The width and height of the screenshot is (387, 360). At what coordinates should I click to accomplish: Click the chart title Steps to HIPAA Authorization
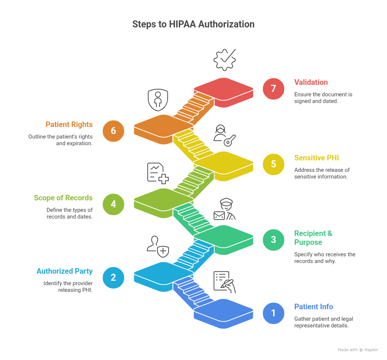193,24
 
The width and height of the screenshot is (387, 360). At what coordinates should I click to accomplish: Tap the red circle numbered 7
274,89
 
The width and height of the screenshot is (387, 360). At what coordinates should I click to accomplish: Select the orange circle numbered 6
113,131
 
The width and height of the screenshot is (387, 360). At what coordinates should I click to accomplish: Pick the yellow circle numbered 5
274,164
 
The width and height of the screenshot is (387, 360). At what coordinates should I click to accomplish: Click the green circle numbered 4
113,204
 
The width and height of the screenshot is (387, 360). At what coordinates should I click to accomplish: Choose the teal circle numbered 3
274,239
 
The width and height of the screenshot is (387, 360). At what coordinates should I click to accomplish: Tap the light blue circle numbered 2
113,277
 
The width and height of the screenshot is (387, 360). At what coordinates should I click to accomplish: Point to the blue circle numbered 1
274,313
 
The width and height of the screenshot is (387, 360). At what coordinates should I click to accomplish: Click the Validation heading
311,82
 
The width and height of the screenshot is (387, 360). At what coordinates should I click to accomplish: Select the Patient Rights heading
69,124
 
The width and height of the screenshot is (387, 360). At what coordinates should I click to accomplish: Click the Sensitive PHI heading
317,158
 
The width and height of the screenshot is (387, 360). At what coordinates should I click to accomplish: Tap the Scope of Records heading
63,198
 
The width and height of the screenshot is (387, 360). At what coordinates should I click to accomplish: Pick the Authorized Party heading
64,271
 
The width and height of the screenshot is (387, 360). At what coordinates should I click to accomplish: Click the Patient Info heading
314,307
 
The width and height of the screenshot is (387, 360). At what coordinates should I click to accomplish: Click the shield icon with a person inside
158,99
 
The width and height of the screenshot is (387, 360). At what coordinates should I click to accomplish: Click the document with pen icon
224,282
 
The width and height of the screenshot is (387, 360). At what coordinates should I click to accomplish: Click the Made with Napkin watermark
358,350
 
